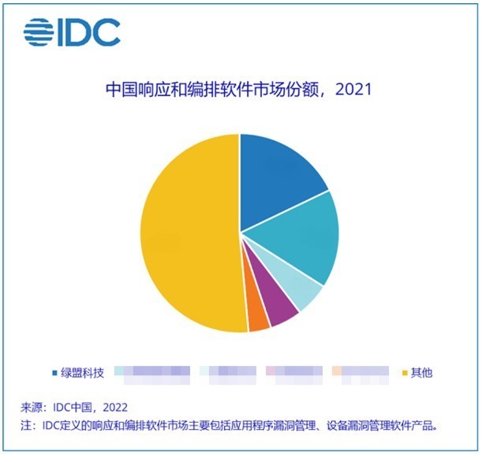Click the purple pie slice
(x=282, y=312)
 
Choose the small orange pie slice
(x=259, y=319)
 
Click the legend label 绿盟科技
(x=82, y=372)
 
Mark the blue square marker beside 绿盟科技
(x=54, y=372)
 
